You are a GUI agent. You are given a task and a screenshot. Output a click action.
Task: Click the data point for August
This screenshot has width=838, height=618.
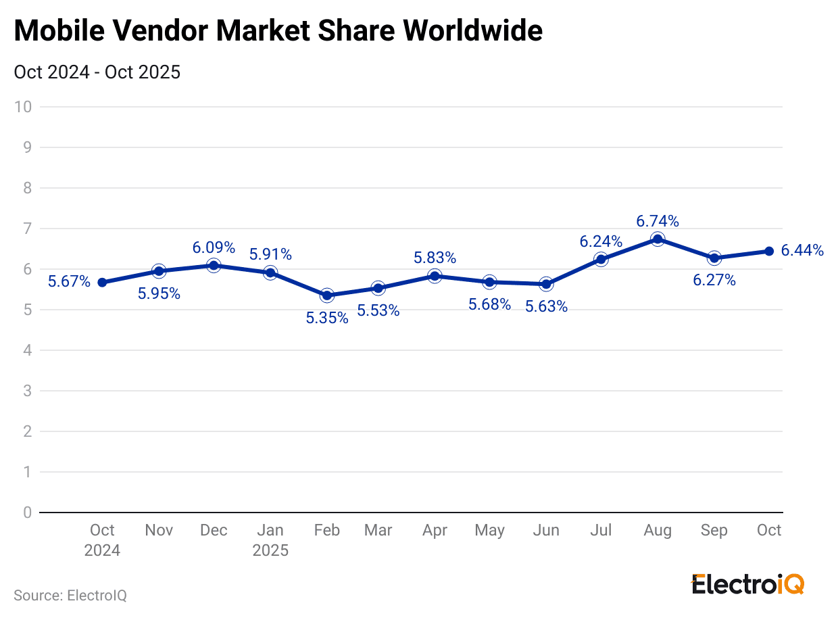(x=658, y=239)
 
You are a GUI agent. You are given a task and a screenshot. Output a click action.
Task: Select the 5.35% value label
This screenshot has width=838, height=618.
(x=327, y=318)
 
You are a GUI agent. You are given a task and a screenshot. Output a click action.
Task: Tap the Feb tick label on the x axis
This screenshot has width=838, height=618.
(x=327, y=530)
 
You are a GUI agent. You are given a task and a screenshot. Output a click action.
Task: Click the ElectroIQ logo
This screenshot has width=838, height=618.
(x=747, y=584)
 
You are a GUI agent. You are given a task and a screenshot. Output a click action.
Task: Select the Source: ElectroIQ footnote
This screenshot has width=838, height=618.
(x=70, y=596)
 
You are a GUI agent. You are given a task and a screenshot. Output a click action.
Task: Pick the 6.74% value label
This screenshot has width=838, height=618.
(x=658, y=221)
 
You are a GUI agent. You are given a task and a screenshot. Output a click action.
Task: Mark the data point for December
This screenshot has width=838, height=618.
(x=214, y=265)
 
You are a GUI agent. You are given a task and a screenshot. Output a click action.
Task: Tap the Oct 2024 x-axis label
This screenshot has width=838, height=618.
(x=102, y=540)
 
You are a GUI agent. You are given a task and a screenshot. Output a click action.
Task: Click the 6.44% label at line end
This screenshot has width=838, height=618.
(x=802, y=251)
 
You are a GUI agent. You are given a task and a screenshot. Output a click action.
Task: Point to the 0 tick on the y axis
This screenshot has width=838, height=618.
(x=28, y=513)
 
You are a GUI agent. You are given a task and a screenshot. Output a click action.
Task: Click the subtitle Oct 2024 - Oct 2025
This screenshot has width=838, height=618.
(x=97, y=72)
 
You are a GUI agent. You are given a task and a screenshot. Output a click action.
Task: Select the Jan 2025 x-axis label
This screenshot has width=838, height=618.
(x=270, y=540)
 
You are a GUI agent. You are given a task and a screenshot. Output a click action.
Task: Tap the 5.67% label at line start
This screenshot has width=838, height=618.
(x=69, y=281)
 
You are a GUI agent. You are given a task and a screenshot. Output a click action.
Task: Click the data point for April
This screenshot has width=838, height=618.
(x=435, y=276)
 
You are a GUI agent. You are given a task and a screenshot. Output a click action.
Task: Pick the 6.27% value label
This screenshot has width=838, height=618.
(x=714, y=280)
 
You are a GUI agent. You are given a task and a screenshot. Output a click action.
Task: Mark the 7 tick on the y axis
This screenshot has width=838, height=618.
(x=28, y=229)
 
